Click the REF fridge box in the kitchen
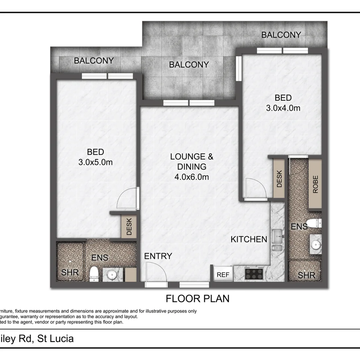(223, 274)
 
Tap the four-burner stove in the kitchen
(254, 273)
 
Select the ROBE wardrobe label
(315, 185)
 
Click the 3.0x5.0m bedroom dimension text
(95, 163)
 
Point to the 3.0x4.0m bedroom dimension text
(283, 108)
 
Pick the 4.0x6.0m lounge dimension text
(192, 177)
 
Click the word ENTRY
(158, 256)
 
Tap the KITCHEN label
(249, 239)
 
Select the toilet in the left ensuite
(94, 273)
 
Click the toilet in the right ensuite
(313, 223)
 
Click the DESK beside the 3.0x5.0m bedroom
(129, 227)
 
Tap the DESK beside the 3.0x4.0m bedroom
(279, 178)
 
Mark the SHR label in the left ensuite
(70, 272)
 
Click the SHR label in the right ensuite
(306, 275)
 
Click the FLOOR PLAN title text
(198, 298)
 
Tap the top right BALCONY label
(281, 35)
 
